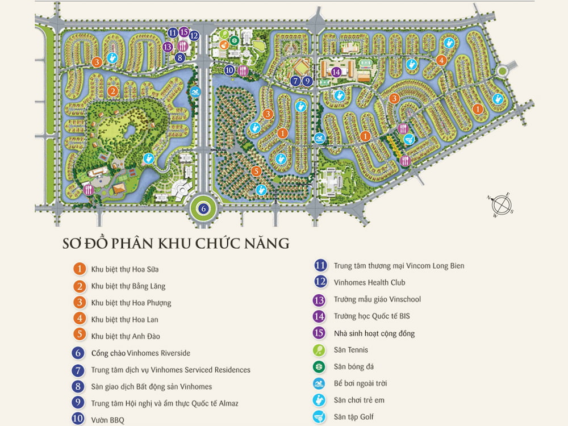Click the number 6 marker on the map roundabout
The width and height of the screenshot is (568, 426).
coord(204,208)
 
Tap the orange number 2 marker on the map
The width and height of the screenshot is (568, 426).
coord(112,91)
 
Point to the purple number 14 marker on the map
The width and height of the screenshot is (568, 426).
coord(336,72)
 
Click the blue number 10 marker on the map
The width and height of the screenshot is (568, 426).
coord(229,70)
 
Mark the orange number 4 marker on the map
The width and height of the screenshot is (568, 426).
coord(441,60)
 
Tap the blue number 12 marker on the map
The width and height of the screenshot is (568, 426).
coord(194,35)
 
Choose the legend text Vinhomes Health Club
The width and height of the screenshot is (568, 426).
coord(369,282)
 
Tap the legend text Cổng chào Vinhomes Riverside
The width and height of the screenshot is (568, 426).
coord(140,353)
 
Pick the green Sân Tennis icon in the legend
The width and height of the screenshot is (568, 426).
coord(320,350)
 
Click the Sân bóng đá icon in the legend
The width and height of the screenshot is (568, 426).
coord(320,367)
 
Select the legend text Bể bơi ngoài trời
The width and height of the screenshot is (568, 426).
coord(361,383)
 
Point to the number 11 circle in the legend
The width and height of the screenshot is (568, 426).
coord(320,265)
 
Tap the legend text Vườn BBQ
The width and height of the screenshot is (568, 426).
coord(107,420)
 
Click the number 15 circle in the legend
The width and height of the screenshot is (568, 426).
coord(320,333)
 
